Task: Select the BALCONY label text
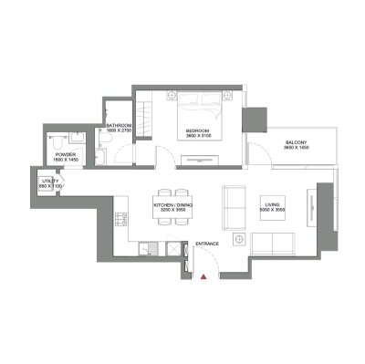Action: tap(294, 141)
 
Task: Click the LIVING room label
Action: tap(271, 204)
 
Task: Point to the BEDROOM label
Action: tap(198, 131)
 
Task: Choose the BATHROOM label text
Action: tap(120, 125)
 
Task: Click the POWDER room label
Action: tap(65, 154)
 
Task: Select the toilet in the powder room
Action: tap(56, 141)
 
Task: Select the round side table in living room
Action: tap(239, 240)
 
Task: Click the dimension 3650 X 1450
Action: tap(294, 148)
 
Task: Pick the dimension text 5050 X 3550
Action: tap(271, 211)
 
